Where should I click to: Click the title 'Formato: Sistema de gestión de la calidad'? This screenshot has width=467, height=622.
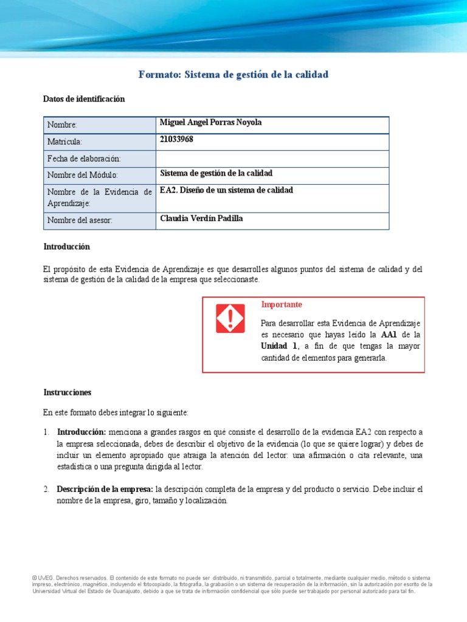(x=233, y=75)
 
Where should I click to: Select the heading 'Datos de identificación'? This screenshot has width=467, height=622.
(x=84, y=99)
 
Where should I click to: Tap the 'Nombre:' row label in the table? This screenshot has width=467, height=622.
(x=62, y=125)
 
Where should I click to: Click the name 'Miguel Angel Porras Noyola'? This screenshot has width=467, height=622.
(x=210, y=123)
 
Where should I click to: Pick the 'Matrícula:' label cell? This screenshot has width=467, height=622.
(x=64, y=142)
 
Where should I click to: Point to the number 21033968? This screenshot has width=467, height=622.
(x=176, y=140)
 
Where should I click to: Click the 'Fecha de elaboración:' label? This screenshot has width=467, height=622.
(x=84, y=159)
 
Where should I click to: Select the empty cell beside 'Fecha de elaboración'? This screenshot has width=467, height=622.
(x=272, y=159)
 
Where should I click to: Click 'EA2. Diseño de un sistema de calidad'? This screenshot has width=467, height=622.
(x=226, y=190)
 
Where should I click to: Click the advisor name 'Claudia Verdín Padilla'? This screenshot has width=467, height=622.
(x=201, y=219)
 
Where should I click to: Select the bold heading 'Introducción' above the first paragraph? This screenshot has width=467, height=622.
(x=66, y=247)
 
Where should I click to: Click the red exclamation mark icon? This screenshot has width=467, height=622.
(x=230, y=318)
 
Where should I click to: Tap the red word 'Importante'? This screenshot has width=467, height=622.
(x=282, y=304)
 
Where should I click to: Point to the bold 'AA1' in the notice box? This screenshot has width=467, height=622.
(x=390, y=335)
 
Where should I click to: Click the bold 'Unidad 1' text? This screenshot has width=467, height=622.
(x=279, y=346)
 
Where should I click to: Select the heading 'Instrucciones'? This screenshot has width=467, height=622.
(x=67, y=392)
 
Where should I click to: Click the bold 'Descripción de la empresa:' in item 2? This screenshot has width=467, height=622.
(x=105, y=489)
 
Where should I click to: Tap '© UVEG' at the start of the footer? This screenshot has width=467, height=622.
(x=43, y=578)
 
